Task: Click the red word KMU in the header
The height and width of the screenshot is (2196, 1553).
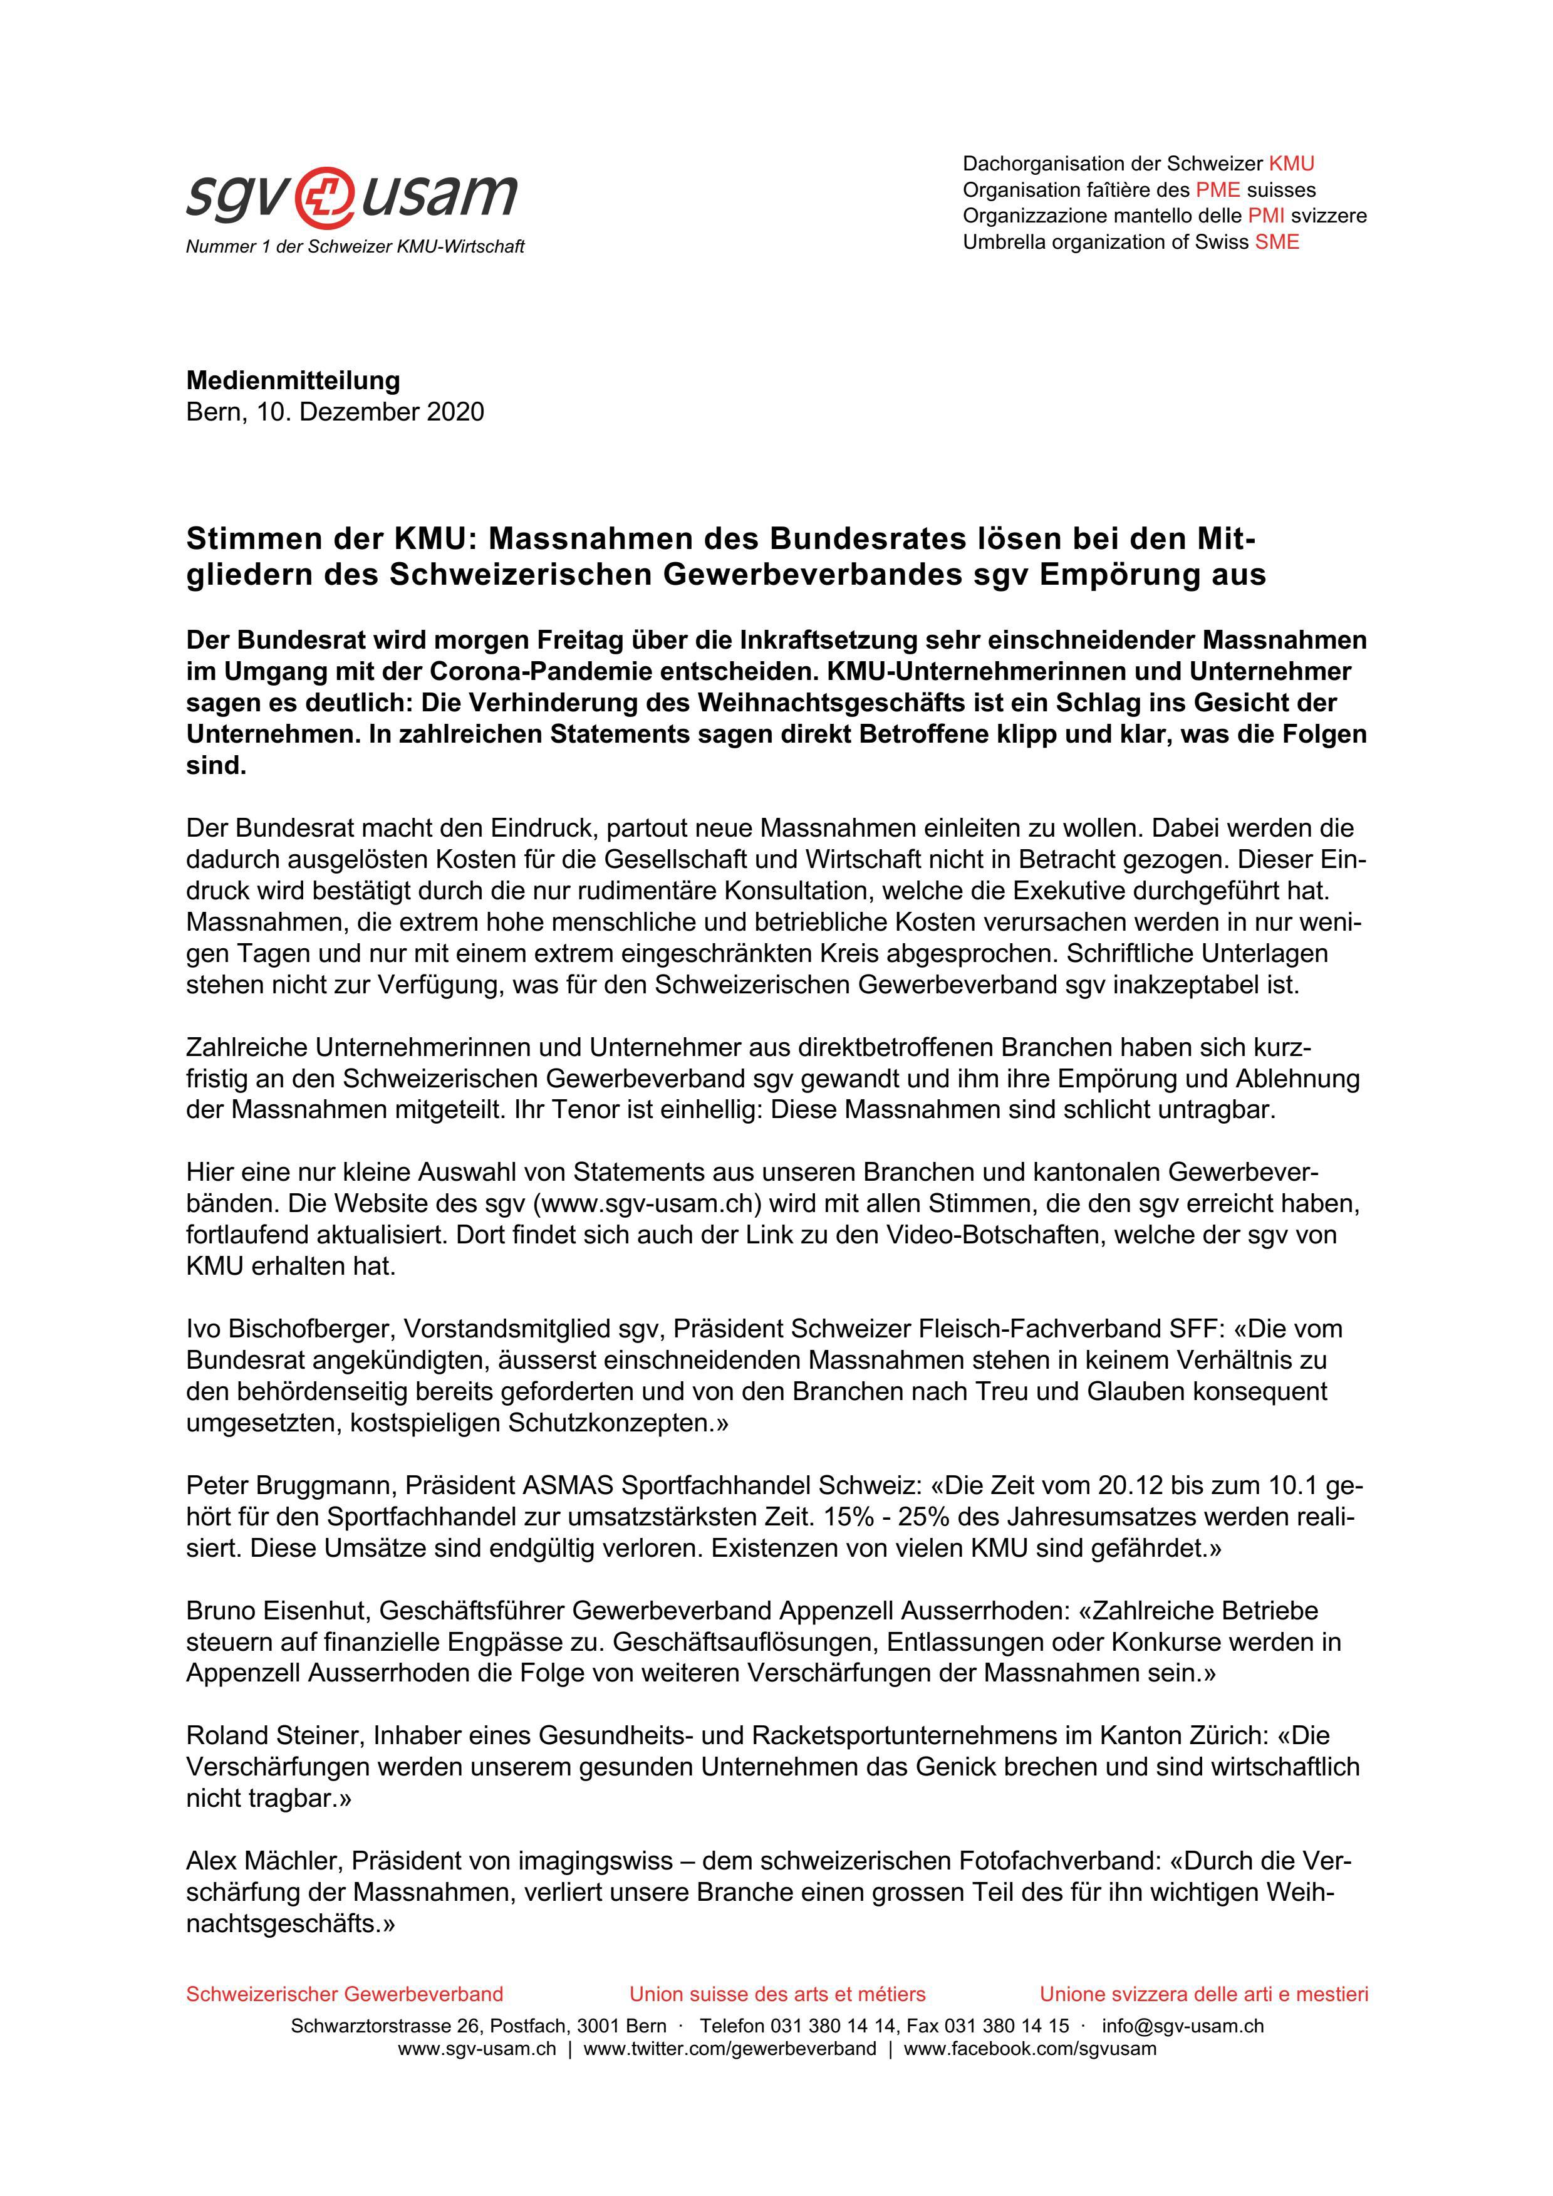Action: pyautogui.click(x=1291, y=164)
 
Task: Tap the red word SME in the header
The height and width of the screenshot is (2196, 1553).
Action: pyautogui.click(x=1277, y=242)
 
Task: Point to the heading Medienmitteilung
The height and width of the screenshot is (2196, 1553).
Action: pyautogui.click(x=293, y=380)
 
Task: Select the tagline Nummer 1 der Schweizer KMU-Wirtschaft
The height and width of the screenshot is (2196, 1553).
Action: pyautogui.click(x=355, y=247)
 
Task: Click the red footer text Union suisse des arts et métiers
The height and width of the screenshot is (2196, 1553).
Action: pyautogui.click(x=777, y=1994)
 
